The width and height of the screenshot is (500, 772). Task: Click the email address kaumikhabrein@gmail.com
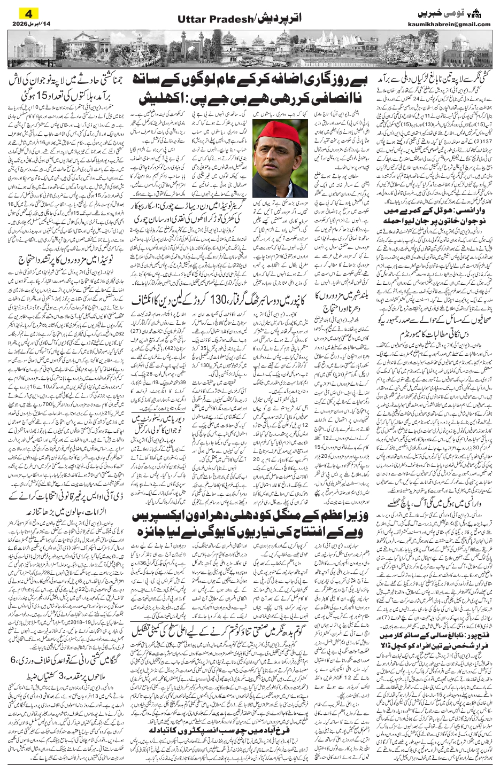tap(454, 24)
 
